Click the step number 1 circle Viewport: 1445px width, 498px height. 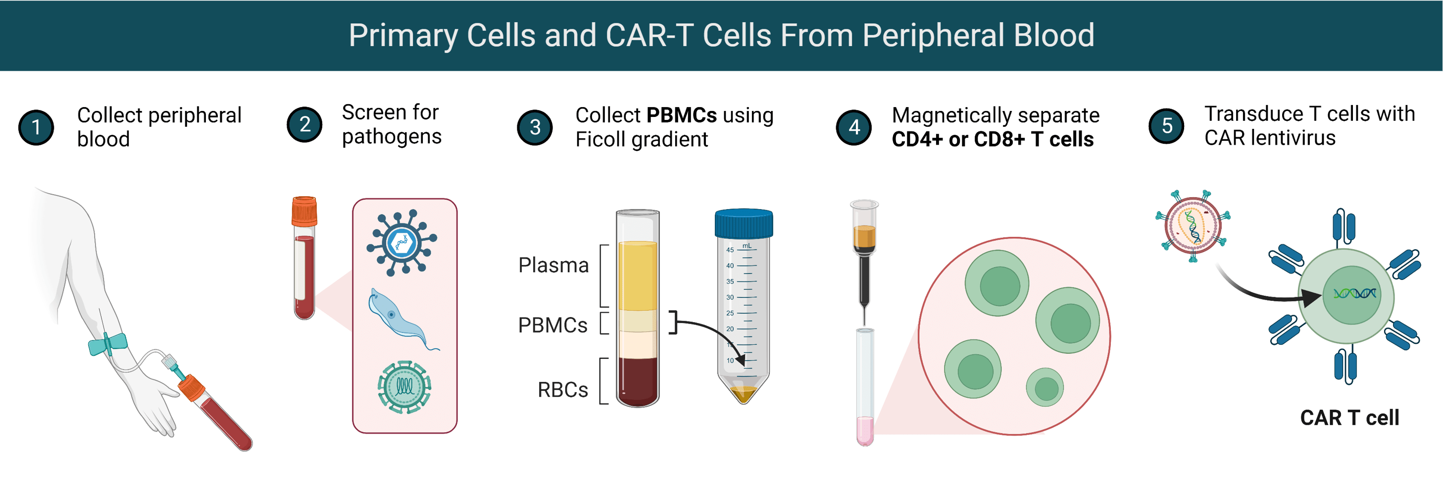coord(36,127)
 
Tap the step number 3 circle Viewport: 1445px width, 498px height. coord(535,127)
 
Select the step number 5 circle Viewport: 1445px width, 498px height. coord(1166,126)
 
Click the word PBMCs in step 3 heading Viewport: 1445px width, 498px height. coord(681,115)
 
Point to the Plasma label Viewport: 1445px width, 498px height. coord(553,265)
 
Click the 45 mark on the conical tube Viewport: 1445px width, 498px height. coord(730,250)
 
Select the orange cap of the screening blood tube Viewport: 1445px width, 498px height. coord(304,211)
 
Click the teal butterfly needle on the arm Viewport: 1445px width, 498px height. coord(108,343)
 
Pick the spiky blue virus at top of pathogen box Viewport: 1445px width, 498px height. coord(401,242)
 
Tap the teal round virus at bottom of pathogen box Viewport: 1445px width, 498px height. coord(404,387)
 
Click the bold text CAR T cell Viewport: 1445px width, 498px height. coord(1349,418)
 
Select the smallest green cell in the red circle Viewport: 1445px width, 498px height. coord(1045,387)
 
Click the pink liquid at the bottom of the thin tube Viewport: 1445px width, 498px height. coord(864,430)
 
